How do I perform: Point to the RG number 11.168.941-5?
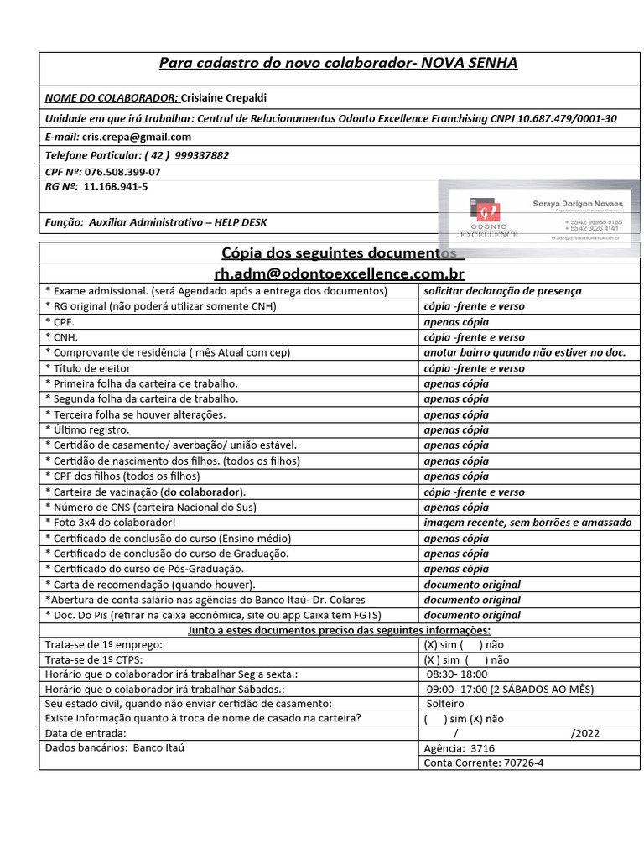pyautogui.click(x=116, y=186)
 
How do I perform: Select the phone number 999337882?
pyautogui.click(x=201, y=155)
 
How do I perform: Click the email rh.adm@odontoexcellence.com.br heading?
pyautogui.click(x=339, y=273)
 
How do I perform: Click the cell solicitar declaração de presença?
pyautogui.click(x=502, y=291)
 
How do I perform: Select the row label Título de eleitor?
pyautogui.click(x=91, y=368)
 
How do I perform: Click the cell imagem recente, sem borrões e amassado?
pyautogui.click(x=527, y=523)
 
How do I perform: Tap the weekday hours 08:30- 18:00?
pyautogui.click(x=458, y=674)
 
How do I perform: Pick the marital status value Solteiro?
pyautogui.click(x=446, y=703)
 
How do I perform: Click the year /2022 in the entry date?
pyautogui.click(x=584, y=733)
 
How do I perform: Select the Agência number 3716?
pyautogui.click(x=482, y=748)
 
